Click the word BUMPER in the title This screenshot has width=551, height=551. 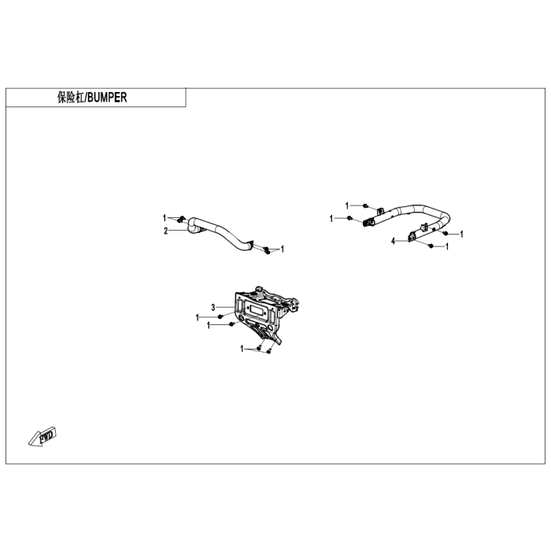point(106,98)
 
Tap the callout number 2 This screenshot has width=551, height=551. point(166,231)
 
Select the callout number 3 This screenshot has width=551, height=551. point(213,306)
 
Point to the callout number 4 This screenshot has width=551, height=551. point(394,241)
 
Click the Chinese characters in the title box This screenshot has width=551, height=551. point(71,98)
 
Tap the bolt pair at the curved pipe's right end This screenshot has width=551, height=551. point(268,250)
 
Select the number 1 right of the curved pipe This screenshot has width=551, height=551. point(283,250)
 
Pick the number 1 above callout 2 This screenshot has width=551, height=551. point(165,216)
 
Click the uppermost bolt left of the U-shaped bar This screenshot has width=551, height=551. point(367,205)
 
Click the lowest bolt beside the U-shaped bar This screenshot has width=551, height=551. point(431,246)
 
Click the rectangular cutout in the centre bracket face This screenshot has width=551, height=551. point(257,309)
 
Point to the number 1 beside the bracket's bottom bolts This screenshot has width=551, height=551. point(242,347)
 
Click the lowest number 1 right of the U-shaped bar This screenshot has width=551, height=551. point(447,246)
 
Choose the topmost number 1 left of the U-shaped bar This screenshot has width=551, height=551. point(347,205)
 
